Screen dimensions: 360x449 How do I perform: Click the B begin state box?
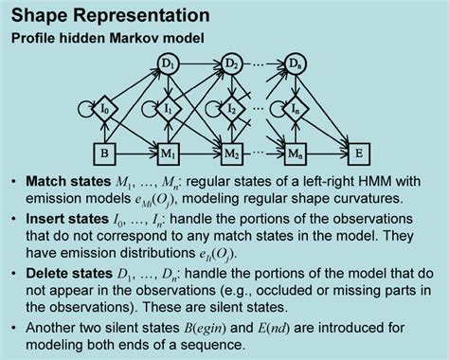(107, 153)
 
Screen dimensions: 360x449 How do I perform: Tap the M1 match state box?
(169, 153)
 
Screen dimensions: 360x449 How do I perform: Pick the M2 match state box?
(230, 153)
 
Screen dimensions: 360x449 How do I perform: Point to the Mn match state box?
(296, 153)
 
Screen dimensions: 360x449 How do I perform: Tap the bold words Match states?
(66, 181)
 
